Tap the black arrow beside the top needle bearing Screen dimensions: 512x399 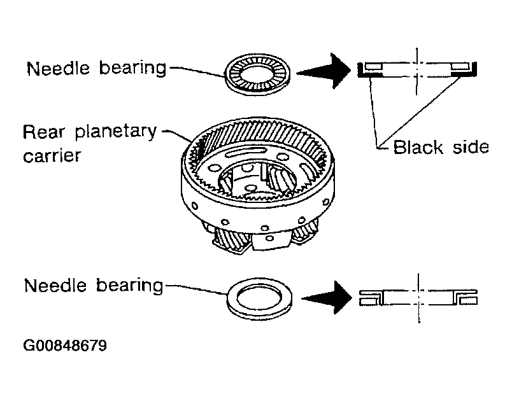(x=324, y=71)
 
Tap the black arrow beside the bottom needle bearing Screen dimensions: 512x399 (x=327, y=298)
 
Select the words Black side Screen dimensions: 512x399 (x=441, y=147)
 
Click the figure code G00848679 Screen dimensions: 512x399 (x=65, y=346)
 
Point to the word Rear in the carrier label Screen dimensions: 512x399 (x=43, y=132)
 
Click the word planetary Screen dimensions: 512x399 (x=116, y=133)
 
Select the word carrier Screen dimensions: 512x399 (x=52, y=156)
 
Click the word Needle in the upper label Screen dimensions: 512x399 (x=58, y=69)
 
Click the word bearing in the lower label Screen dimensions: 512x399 (x=129, y=286)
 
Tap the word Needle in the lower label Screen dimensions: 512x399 (x=55, y=286)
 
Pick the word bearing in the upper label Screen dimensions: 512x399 (x=132, y=69)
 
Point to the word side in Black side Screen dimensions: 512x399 (x=471, y=147)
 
